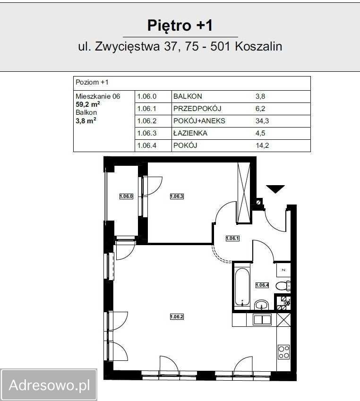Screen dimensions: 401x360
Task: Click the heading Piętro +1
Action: point(180,25)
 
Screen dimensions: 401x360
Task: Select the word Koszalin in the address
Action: point(258,46)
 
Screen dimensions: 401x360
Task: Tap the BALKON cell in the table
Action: point(188,96)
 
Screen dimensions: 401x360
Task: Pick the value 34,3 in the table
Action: point(262,121)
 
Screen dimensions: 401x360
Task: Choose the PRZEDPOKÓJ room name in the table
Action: point(197,109)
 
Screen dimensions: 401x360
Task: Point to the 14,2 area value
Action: point(262,145)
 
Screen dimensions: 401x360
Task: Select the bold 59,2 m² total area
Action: point(87,104)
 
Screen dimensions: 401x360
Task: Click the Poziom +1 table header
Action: point(92,83)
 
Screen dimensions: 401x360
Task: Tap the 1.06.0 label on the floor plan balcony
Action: point(126,196)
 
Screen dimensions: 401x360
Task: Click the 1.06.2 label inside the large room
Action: point(177,316)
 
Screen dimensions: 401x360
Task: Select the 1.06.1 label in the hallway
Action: point(232,239)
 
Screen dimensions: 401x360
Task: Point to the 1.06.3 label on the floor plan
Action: point(177,196)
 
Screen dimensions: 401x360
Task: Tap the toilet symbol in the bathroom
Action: point(282,285)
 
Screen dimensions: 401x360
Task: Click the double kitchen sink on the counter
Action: point(262,320)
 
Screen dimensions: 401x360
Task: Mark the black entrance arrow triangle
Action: point(275,189)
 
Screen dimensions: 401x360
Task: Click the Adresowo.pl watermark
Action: point(49,385)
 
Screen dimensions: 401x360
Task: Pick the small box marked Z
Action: point(283,269)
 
